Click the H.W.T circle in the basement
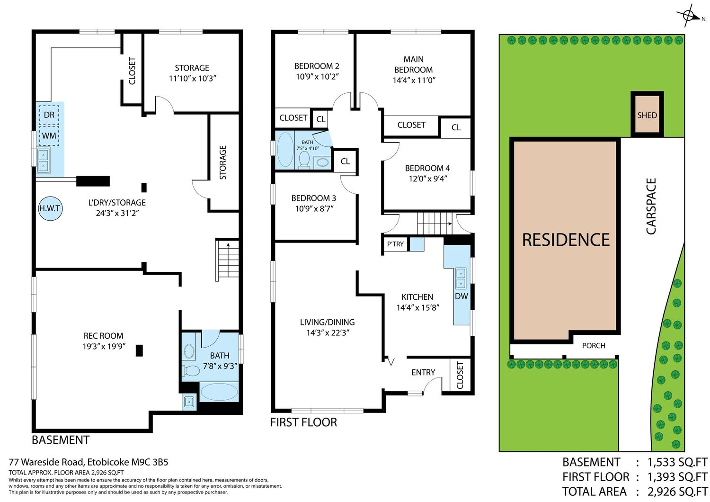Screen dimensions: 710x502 (x=50, y=208)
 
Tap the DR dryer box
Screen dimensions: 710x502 (x=49, y=115)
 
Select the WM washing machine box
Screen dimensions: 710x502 (x=49, y=136)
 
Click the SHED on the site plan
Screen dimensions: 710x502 (x=647, y=115)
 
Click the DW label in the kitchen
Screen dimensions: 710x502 (x=461, y=296)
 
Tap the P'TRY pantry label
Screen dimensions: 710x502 (x=395, y=244)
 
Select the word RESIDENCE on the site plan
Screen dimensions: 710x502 (x=566, y=240)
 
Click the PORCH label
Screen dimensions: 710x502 (x=594, y=346)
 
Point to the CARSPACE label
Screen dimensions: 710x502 (x=651, y=206)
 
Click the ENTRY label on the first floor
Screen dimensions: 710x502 (x=423, y=372)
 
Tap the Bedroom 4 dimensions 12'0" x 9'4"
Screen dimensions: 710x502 (x=427, y=179)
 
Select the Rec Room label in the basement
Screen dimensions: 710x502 (x=103, y=335)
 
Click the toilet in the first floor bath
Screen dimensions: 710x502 (x=304, y=160)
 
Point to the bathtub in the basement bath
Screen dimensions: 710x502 (x=219, y=392)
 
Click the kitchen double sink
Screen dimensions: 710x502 (x=461, y=278)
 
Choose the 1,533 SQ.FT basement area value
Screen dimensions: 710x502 (x=677, y=462)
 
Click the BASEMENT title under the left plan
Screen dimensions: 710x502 (x=61, y=440)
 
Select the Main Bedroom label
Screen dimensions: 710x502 (x=413, y=64)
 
